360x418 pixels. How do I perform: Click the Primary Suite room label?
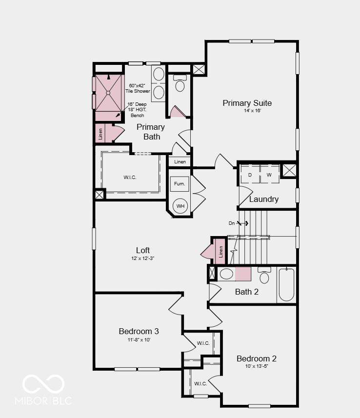point(247,103)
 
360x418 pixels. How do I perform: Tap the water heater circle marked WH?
point(180,206)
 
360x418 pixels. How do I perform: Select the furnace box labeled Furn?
point(180,184)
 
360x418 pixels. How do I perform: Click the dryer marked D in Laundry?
point(250,175)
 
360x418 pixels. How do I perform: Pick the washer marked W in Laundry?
point(270,175)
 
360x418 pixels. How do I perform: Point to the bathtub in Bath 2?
point(286,285)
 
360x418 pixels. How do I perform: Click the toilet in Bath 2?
point(264,275)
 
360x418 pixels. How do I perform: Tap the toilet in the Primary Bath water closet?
point(180,83)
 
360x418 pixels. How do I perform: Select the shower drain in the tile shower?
point(108,93)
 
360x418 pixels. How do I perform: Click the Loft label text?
point(143,250)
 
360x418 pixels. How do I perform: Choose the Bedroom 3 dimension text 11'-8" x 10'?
point(139,339)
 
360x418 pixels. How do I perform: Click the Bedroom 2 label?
point(257,358)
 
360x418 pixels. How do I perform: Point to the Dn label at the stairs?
point(232,223)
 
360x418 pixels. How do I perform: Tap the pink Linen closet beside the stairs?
point(220,252)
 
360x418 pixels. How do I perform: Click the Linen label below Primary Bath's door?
point(180,162)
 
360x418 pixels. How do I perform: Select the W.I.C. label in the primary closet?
point(130,177)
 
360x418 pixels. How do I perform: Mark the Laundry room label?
point(264,199)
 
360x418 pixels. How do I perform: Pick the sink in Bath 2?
point(226,274)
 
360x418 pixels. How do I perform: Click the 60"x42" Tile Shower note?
point(138,88)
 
